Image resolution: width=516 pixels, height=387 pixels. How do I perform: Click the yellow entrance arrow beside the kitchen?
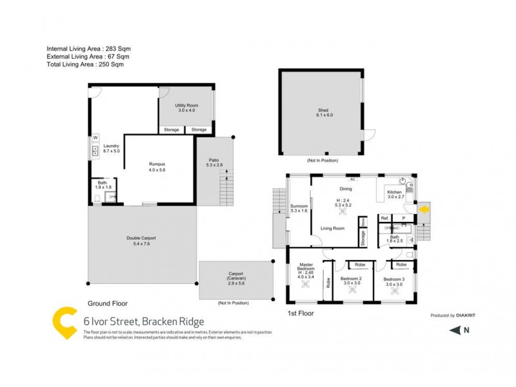[x=424, y=209]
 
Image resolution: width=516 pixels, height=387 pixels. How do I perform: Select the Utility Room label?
[x=186, y=108]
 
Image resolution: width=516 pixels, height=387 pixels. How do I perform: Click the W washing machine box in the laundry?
[x=95, y=137]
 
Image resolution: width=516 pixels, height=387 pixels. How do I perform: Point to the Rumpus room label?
[x=157, y=166]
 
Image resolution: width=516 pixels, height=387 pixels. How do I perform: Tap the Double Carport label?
[x=141, y=241]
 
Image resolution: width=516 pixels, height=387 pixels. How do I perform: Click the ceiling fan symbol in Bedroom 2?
[x=353, y=291]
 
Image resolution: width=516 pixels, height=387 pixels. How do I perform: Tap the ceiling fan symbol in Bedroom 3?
[x=395, y=291]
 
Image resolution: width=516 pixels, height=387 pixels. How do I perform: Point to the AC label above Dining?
[x=352, y=178]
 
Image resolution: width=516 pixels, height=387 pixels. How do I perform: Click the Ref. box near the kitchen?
[x=384, y=219]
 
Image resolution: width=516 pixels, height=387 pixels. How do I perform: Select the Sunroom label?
[x=298, y=208]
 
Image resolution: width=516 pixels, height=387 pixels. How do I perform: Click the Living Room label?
[x=333, y=228]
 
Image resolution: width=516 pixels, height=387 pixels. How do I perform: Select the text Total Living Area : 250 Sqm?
[x=85, y=64]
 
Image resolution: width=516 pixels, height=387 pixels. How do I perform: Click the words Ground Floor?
[x=107, y=303]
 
